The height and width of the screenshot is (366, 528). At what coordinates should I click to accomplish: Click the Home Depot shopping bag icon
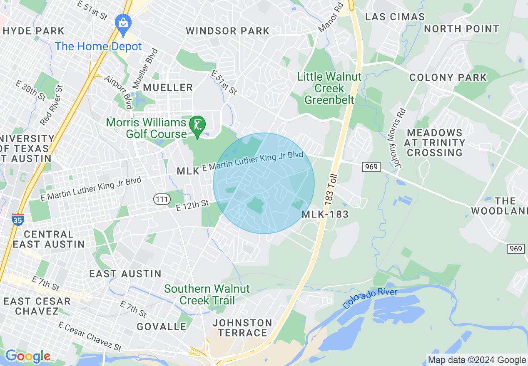tap(123, 22)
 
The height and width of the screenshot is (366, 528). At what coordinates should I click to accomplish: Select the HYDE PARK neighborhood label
tap(34, 31)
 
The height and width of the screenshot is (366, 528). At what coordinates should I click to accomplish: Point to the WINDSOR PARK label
tap(228, 31)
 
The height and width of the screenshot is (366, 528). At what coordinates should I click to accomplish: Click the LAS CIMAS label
tap(395, 17)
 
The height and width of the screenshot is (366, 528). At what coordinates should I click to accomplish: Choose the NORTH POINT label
tap(461, 29)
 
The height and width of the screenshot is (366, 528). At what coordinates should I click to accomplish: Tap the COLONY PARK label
tap(448, 77)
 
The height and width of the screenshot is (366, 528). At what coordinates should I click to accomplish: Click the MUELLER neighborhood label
tap(168, 87)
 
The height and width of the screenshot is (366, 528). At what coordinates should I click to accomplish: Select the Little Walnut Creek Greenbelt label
tap(329, 88)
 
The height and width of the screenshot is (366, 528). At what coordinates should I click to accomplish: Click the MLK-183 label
tap(325, 215)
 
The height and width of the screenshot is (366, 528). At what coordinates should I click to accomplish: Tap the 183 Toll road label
tap(331, 189)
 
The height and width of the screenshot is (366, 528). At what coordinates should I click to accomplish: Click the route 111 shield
tap(161, 200)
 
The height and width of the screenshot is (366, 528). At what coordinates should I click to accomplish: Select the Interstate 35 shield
tap(17, 219)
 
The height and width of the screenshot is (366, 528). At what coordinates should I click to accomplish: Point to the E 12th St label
tap(192, 204)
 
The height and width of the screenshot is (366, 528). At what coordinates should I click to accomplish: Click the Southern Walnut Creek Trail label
tap(207, 294)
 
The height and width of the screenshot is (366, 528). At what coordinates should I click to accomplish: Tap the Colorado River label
tap(370, 299)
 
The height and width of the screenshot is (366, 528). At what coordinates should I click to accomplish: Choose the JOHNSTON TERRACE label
tap(242, 328)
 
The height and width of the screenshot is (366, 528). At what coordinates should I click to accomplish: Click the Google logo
tap(27, 356)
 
